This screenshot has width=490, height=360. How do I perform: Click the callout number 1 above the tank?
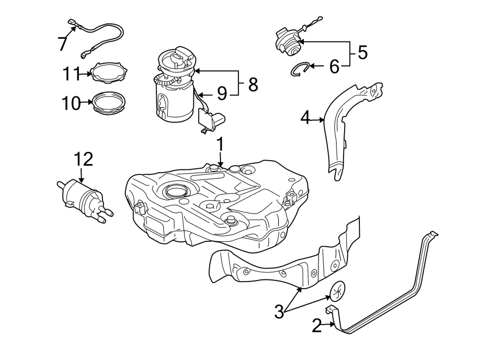pyautogui.click(x=220, y=144)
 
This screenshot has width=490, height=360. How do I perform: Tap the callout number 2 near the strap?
pyautogui.click(x=316, y=326)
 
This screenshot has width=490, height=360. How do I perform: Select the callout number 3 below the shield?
pyautogui.click(x=279, y=312)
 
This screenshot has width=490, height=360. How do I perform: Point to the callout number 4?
pyautogui.click(x=306, y=117)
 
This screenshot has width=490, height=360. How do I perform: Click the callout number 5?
pyautogui.click(x=362, y=53)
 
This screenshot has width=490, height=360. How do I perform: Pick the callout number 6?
pyautogui.click(x=334, y=66)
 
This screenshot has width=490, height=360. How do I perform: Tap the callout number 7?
pyautogui.click(x=63, y=43)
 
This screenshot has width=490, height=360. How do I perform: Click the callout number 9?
pyautogui.click(x=222, y=94)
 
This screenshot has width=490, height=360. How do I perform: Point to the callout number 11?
pyautogui.click(x=71, y=72)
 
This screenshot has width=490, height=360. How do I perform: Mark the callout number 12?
pyautogui.click(x=83, y=159)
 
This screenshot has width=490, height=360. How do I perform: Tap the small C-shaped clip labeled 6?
pyautogui.click(x=299, y=69)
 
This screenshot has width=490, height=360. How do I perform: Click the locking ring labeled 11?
pyautogui.click(x=109, y=73)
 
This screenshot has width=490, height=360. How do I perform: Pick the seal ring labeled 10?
pyautogui.click(x=108, y=103)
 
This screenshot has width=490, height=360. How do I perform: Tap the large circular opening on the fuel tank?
pyautogui.click(x=176, y=191)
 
